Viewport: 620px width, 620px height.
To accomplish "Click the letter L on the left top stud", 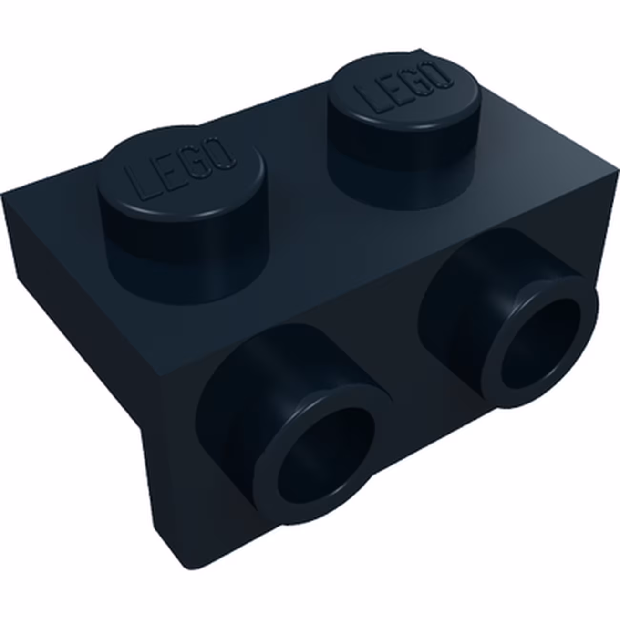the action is coord(143,185).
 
